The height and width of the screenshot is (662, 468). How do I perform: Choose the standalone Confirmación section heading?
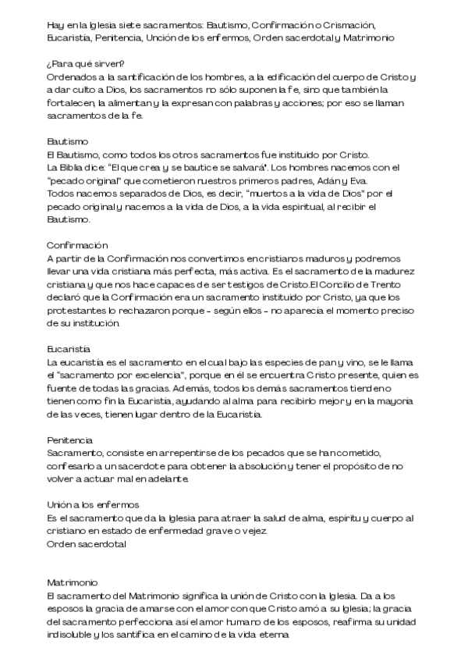[x=77, y=245]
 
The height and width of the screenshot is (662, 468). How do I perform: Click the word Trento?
[x=399, y=284]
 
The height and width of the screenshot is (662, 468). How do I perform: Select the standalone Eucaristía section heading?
[x=69, y=349]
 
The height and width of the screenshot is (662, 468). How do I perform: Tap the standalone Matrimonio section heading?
[x=72, y=583]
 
